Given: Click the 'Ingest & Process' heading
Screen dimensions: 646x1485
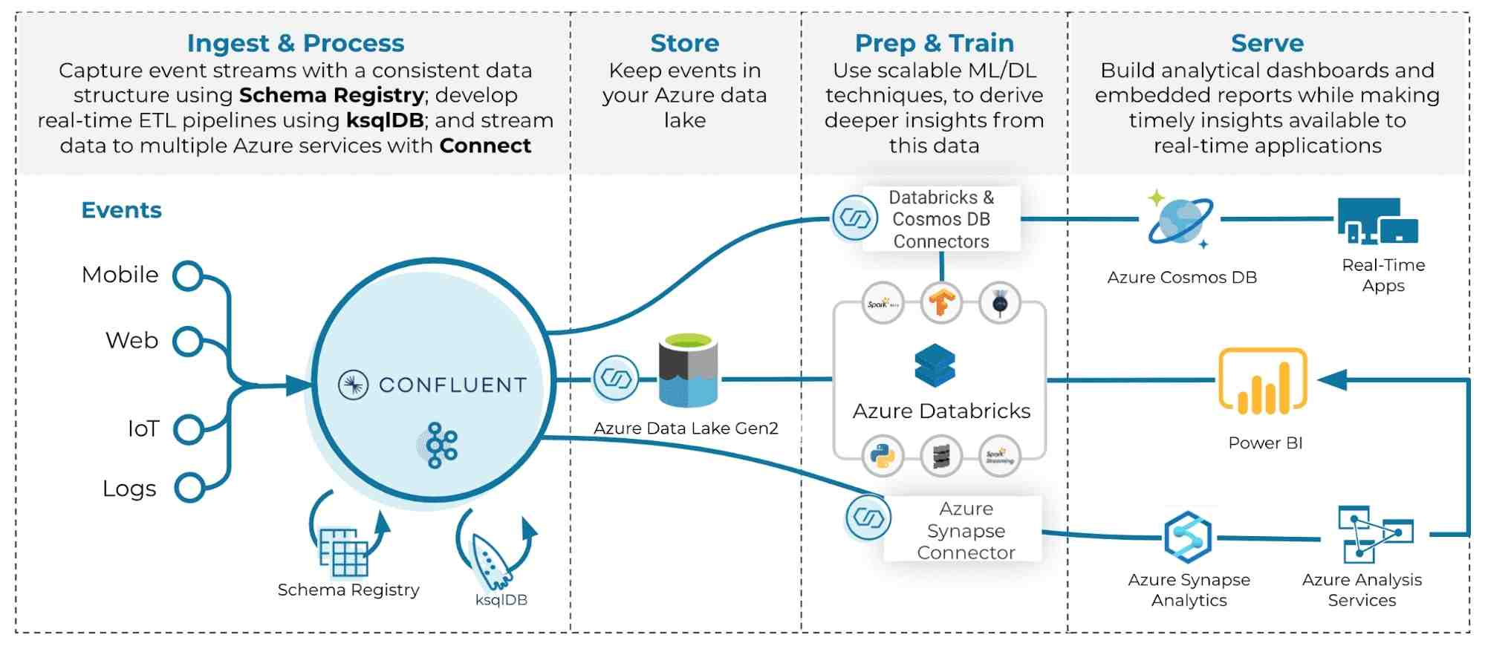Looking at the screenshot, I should [x=295, y=43].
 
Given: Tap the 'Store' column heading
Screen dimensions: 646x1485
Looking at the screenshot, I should [x=684, y=43].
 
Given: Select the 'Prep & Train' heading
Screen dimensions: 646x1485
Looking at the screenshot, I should [x=934, y=43].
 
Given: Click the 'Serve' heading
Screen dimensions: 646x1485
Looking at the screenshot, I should [x=1267, y=43].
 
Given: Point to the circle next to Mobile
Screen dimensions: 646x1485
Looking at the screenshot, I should [x=188, y=275].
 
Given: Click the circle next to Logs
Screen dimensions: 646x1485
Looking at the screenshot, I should [x=189, y=488].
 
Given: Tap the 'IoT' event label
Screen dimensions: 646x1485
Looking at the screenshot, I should [x=143, y=428].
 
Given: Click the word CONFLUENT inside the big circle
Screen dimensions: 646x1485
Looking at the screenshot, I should [x=452, y=385].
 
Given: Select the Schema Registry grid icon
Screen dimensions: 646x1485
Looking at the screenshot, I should [x=342, y=552].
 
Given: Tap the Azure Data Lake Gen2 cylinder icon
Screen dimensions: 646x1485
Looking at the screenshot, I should [x=688, y=371].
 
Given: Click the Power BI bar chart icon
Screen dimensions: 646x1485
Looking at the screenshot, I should [x=1262, y=382].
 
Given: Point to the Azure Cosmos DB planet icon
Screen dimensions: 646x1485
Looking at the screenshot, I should [x=1179, y=221].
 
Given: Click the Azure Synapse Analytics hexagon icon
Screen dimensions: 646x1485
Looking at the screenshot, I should [x=1188, y=536].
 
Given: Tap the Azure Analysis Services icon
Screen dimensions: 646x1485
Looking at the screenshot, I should [x=1373, y=535].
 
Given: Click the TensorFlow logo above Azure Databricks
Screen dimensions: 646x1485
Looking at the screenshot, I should [x=941, y=303].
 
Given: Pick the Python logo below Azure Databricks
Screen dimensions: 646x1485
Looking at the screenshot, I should [x=883, y=455].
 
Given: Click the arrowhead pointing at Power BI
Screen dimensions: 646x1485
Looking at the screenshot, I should [x=1332, y=380].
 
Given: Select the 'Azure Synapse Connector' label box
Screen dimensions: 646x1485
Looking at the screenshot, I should [x=965, y=530].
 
